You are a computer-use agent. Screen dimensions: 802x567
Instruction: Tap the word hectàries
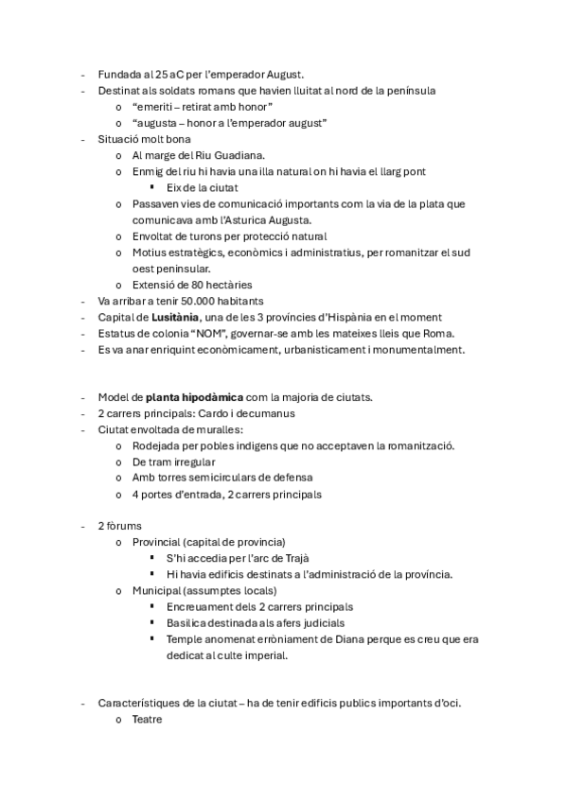pyautogui.click(x=226, y=284)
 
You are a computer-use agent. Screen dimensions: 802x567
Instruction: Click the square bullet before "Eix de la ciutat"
pyautogui.click(x=151, y=186)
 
